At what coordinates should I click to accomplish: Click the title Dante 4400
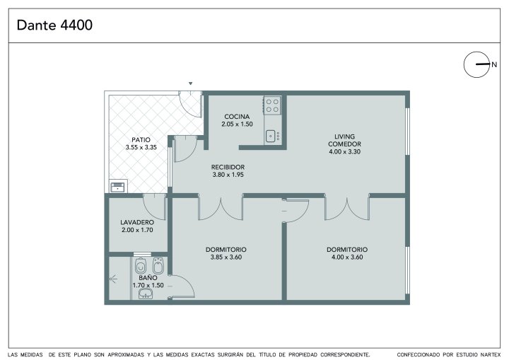(54, 25)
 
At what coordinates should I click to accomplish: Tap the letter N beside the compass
(494, 64)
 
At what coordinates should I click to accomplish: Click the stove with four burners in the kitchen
(272, 105)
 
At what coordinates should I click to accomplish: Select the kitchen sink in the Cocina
(271, 136)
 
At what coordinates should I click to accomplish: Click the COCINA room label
(237, 116)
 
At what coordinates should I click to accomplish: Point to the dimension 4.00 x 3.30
(344, 151)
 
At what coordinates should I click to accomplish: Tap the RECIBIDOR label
(228, 167)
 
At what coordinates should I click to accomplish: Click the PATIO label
(141, 140)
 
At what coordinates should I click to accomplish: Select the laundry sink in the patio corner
(117, 187)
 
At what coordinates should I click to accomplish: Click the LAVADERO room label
(137, 222)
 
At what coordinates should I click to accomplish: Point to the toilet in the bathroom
(141, 266)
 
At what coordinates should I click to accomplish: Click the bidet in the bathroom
(158, 265)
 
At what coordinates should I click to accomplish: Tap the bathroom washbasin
(146, 294)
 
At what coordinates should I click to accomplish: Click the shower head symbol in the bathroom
(113, 279)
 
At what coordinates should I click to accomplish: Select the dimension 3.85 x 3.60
(226, 257)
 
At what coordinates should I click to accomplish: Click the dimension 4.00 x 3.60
(347, 257)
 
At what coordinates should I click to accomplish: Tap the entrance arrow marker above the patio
(191, 83)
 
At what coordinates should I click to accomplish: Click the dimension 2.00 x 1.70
(137, 230)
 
